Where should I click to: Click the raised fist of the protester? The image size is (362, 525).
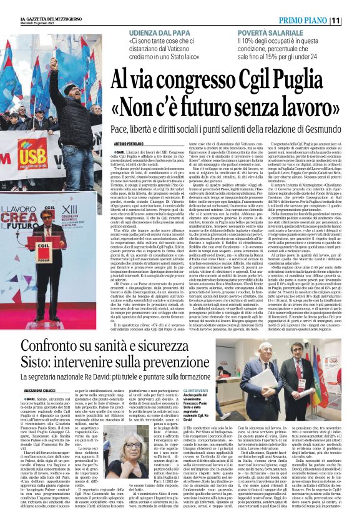pos(54,64)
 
